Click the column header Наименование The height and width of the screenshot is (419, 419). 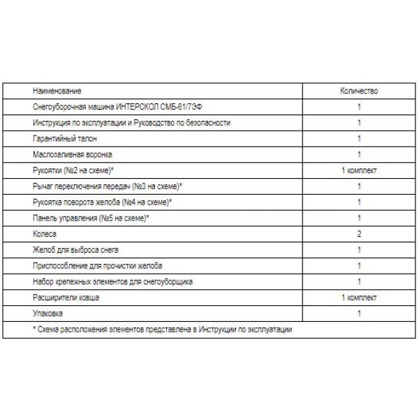[57, 91]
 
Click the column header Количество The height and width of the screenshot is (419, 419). [358, 91]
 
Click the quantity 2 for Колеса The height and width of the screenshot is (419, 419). [358, 234]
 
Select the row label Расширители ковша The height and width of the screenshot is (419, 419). [66, 297]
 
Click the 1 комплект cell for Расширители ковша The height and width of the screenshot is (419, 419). [358, 297]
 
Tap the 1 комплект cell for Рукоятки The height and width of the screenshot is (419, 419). [358, 170]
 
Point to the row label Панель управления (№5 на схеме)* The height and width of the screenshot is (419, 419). [91, 219]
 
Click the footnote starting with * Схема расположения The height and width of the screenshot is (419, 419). [162, 329]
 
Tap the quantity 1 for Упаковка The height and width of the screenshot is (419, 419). [358, 314]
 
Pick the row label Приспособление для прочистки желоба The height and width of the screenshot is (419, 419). [97, 266]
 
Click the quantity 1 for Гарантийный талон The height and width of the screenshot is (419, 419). [358, 139]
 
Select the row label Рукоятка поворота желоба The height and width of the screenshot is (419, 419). [102, 203]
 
